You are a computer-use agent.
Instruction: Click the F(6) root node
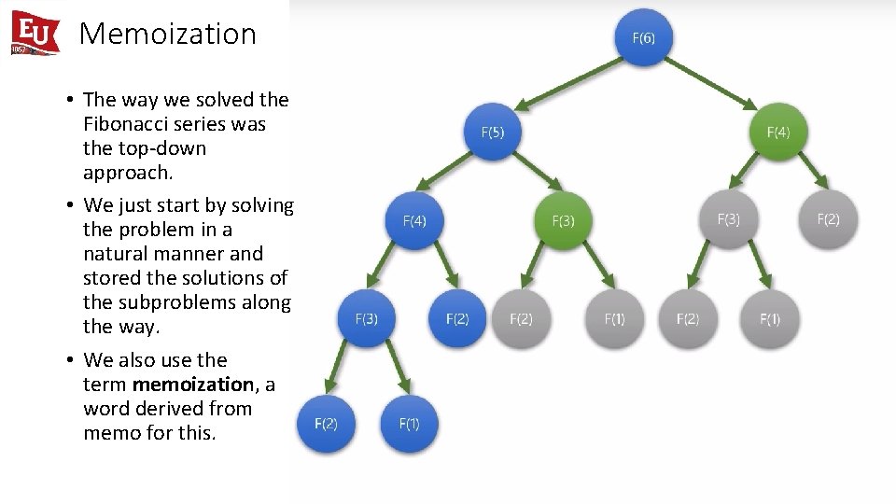643,38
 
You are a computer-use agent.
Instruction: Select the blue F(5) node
493,133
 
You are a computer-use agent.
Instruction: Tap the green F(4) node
777,133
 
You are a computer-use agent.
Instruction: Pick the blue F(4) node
414,221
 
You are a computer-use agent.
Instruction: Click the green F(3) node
563,221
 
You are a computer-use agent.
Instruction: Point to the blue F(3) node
367,318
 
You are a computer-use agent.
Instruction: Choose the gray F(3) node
728,219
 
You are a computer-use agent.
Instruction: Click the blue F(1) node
409,423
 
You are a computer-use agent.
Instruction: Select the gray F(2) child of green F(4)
828,219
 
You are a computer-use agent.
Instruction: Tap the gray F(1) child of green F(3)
614,318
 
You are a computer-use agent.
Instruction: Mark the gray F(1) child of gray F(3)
770,318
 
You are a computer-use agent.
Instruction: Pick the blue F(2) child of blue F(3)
326,423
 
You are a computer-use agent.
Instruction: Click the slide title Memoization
168,34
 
